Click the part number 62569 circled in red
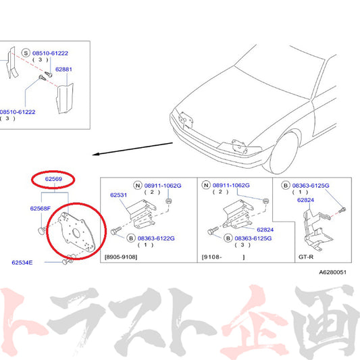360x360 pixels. tap(53, 179)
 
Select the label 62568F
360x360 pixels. tap(41, 209)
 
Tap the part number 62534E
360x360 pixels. tap(22, 263)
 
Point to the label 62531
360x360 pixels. tap(118, 195)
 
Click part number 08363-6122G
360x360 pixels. tap(156, 238)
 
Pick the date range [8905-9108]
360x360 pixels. tap(121, 257)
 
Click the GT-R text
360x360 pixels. tap(306, 257)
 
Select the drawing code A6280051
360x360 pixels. tap(333, 272)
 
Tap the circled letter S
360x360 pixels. tap(26, 53)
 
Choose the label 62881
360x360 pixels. tap(63, 70)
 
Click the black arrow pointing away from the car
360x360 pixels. tap(132, 149)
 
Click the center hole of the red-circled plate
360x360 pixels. tap(76, 233)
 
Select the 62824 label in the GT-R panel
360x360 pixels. tap(305, 200)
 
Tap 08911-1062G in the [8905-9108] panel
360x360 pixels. tap(163, 186)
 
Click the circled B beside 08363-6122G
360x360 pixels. tap(131, 238)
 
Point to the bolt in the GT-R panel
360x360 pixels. tap(342, 209)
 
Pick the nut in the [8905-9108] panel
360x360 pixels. tap(169, 201)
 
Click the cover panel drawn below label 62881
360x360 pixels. tap(65, 99)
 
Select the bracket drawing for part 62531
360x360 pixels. tap(141, 214)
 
